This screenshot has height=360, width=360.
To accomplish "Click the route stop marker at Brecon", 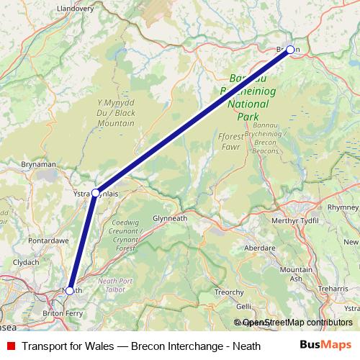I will [x=290, y=50].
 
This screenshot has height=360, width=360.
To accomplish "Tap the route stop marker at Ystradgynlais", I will [x=95, y=193].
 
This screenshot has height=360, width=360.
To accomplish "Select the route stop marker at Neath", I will [x=69, y=290].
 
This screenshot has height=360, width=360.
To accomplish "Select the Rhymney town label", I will [x=343, y=207].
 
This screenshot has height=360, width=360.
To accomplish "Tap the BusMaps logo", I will [x=325, y=346].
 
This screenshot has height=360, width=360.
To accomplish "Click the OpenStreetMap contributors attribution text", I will [x=297, y=323].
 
